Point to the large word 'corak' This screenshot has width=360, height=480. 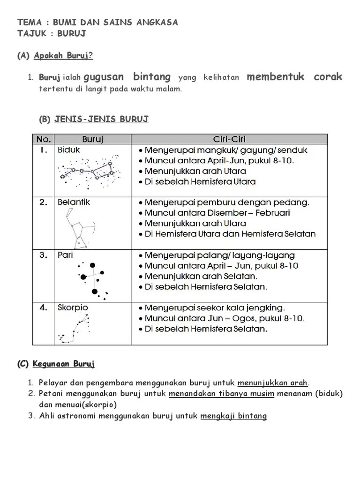(328, 77)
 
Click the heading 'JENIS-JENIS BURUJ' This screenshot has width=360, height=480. (101, 119)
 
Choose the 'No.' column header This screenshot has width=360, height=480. (43, 139)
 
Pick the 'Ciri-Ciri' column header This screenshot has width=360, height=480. (229, 139)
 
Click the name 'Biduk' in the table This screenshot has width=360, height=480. (69, 150)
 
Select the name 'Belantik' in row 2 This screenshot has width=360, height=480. (74, 202)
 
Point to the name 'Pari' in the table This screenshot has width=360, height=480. (65, 255)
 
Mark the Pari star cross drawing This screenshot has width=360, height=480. (93, 279)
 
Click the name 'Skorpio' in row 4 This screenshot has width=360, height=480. (73, 307)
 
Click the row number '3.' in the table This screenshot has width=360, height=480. (44, 255)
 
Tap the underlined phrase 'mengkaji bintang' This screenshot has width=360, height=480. (233, 416)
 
